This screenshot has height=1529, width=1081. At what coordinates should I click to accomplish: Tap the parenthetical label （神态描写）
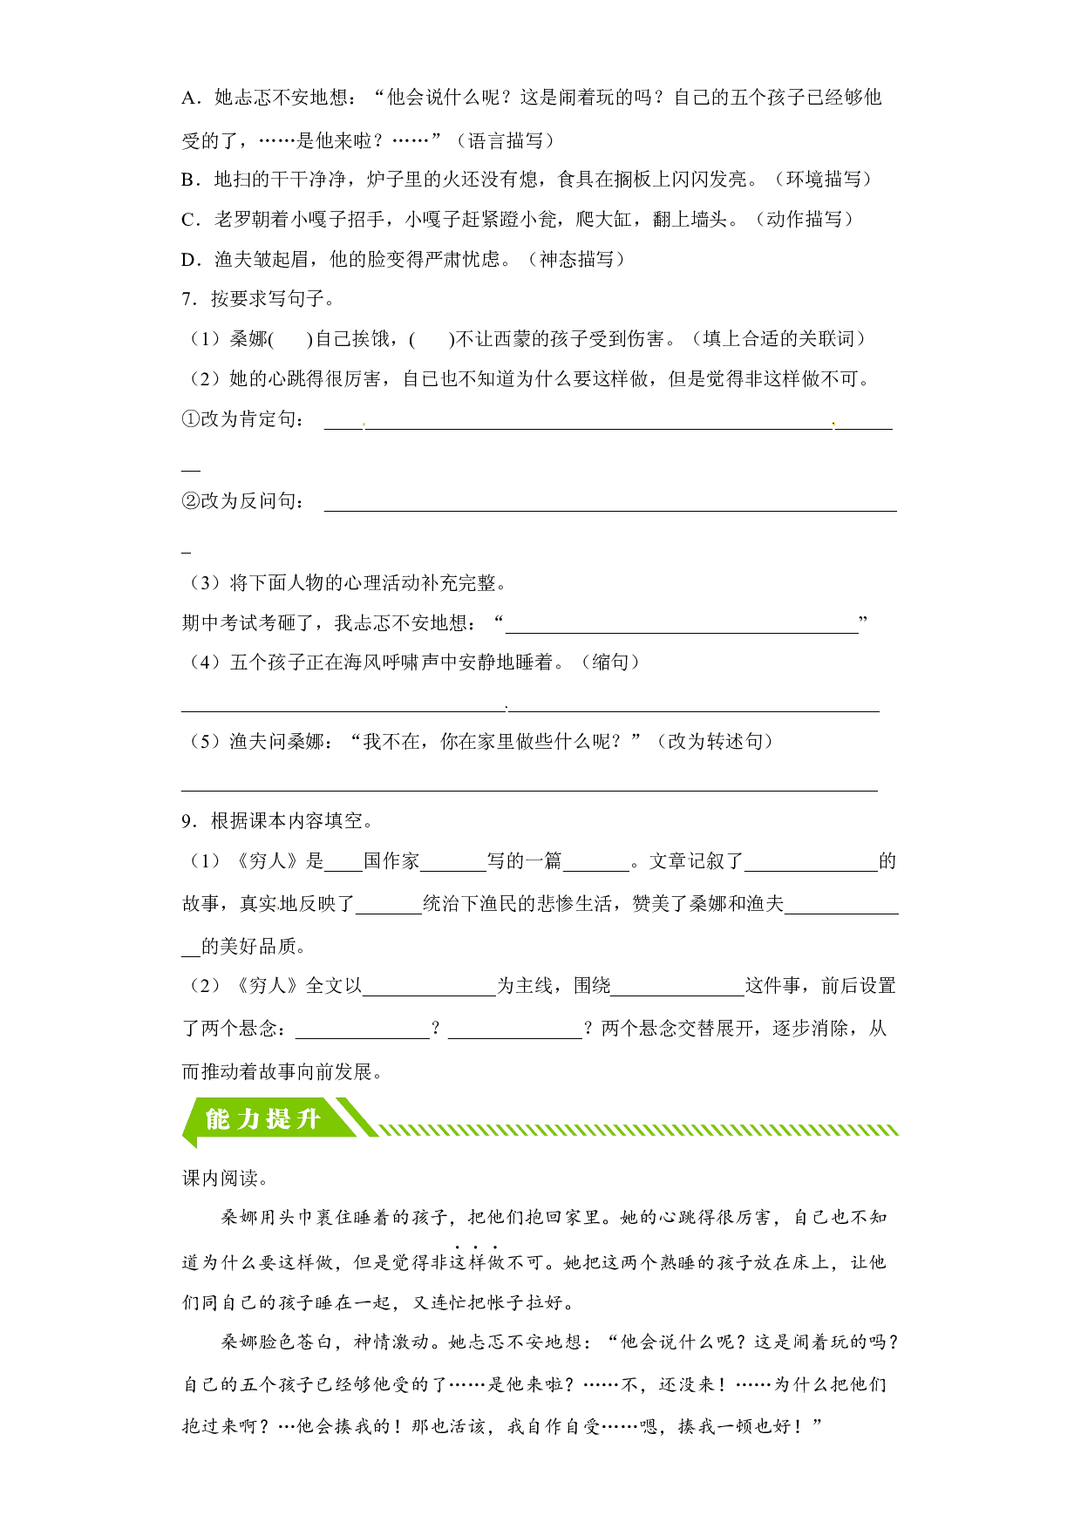(577, 260)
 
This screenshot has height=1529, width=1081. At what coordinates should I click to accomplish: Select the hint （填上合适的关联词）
(779, 339)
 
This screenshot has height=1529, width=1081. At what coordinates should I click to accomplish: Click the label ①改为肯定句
(240, 419)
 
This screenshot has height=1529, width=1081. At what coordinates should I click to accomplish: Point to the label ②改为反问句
(240, 501)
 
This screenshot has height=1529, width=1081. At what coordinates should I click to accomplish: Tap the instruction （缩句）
(611, 663)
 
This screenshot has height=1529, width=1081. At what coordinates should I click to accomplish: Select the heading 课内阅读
(221, 1179)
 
